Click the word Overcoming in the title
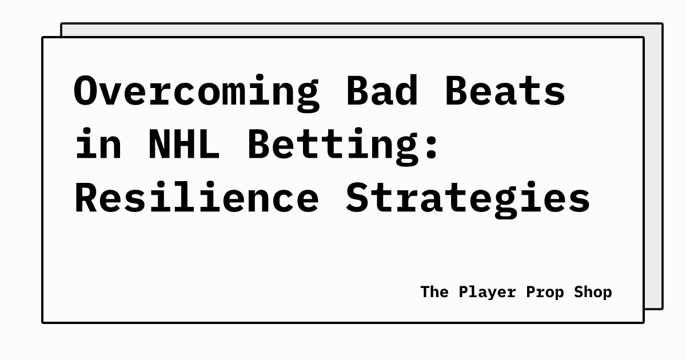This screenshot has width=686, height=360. point(196,91)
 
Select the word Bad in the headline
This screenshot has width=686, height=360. point(382,91)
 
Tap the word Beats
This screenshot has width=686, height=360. point(505,91)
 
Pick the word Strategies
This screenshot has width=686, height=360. point(468,198)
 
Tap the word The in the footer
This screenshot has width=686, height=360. point(434,292)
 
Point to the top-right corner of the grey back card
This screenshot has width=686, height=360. point(662,24)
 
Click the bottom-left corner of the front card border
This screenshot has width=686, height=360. point(43,322)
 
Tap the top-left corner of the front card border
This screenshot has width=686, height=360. point(43,38)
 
